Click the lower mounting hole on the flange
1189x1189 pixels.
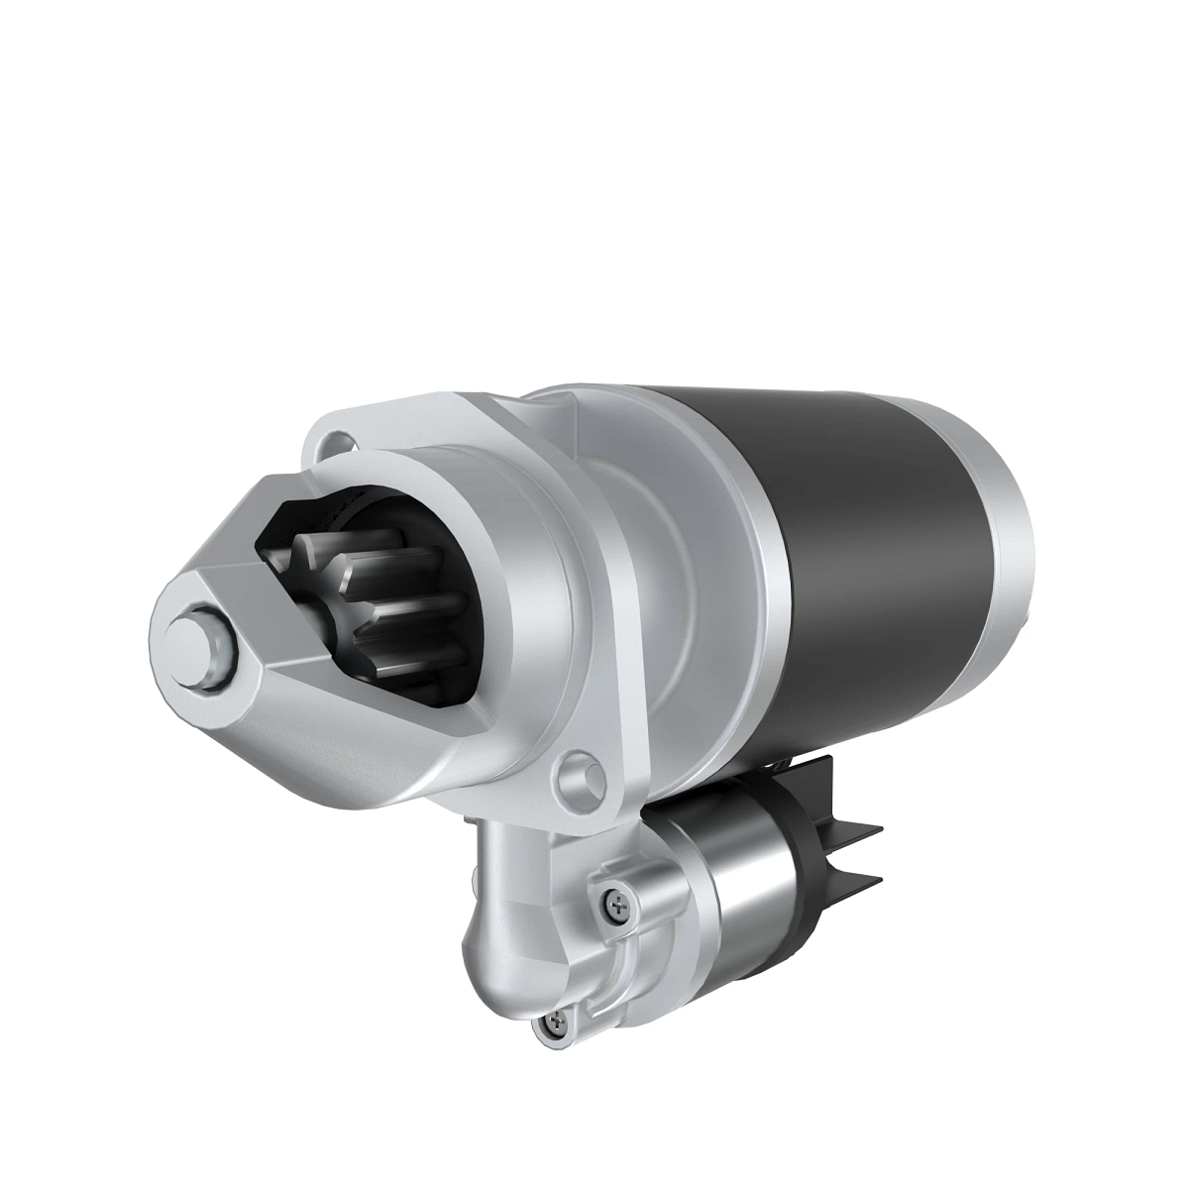(579, 776)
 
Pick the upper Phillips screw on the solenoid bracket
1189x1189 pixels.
(617, 904)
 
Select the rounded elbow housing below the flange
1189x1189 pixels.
(505, 921)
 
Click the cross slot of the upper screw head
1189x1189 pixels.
(617, 904)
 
